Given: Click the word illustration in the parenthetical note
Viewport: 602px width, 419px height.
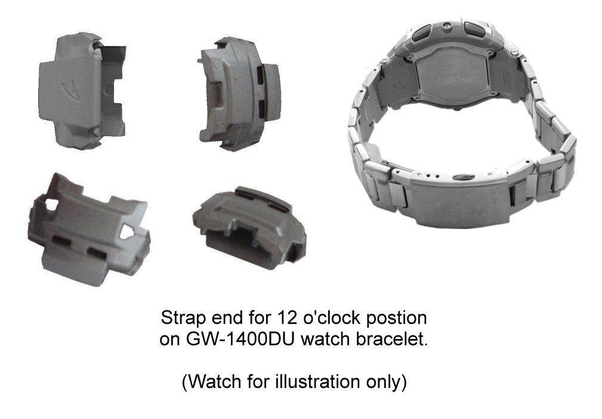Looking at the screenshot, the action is [x=317, y=381].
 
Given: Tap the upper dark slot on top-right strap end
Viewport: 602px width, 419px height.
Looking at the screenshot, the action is [x=261, y=74].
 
